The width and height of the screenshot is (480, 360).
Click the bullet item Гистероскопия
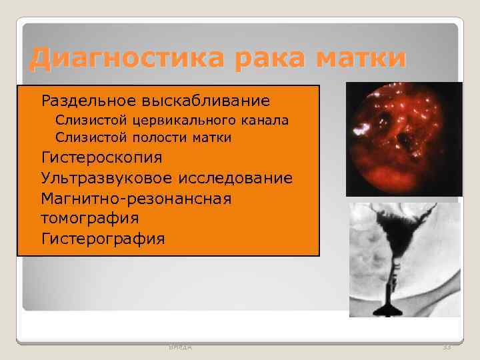pyautogui.click(x=101, y=158)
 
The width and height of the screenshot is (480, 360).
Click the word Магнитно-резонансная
pyautogui.click(x=136, y=199)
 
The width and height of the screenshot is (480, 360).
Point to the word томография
pyautogui.click(x=89, y=218)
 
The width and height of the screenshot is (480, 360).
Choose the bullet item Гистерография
pyautogui.click(x=103, y=238)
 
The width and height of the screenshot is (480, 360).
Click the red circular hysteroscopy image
pyautogui.click(x=403, y=139)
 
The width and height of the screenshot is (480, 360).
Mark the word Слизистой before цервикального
pyautogui.click(x=87, y=121)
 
